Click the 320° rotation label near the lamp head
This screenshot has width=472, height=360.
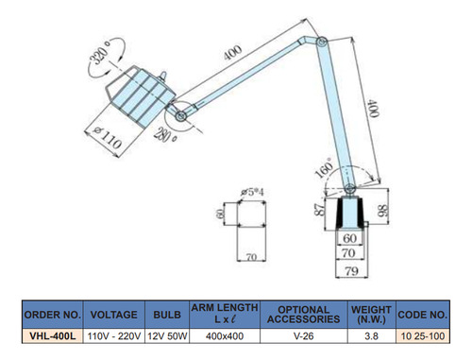click(100, 53)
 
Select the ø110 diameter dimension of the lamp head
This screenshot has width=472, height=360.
click(108, 138)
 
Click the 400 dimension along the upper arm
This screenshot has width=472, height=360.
click(233, 52)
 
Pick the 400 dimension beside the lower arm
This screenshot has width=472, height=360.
click(374, 109)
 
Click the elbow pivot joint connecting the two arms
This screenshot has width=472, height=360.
click(322, 42)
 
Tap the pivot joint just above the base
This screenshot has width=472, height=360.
click(349, 189)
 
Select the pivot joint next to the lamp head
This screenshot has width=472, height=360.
click(181, 116)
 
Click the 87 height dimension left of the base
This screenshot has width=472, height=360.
click(320, 209)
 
